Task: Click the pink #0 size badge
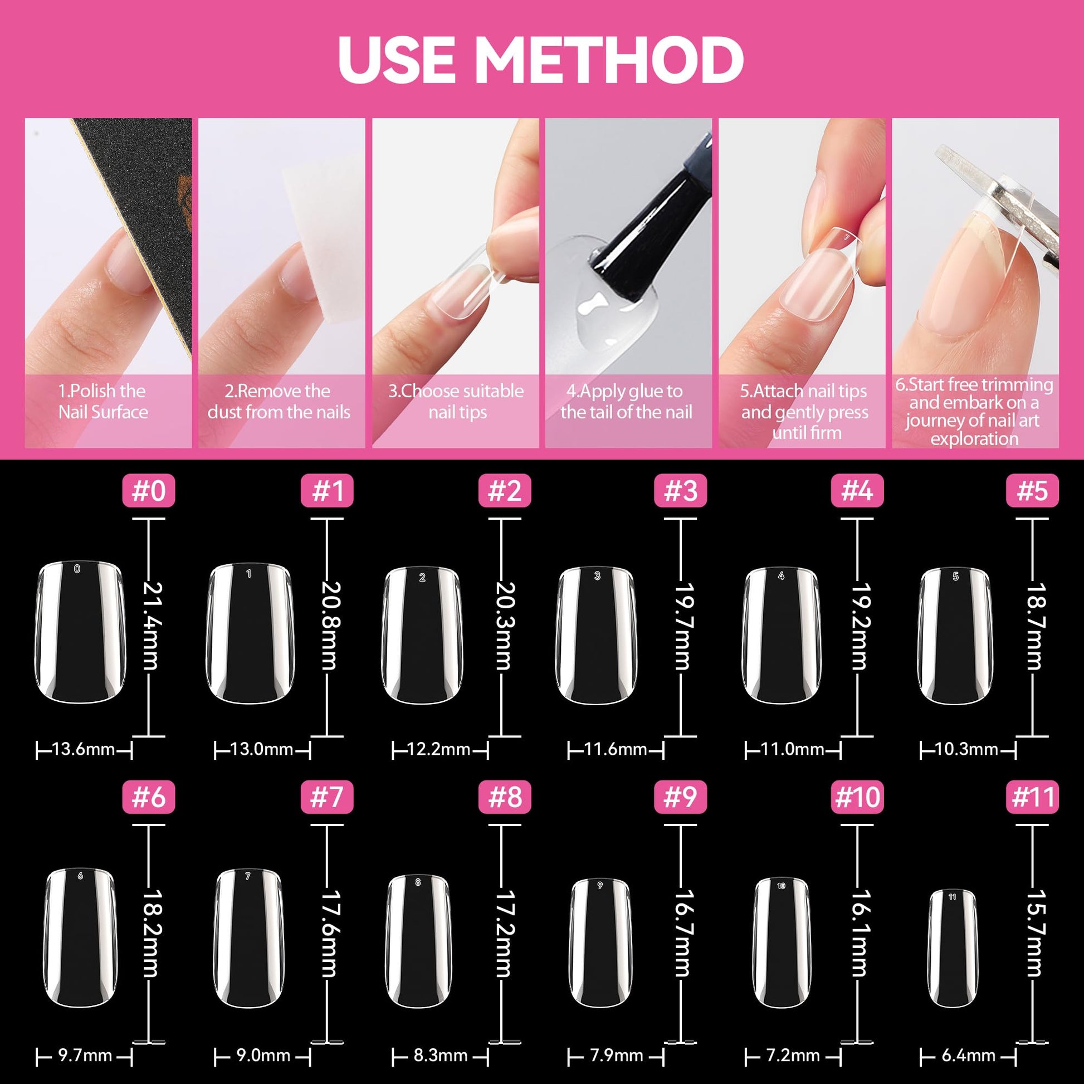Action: tap(149, 490)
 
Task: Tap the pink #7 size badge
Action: tap(327, 797)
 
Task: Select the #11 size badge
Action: tap(1032, 797)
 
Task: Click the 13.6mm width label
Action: tap(84, 749)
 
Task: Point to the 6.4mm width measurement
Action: tap(969, 1056)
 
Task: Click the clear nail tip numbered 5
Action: tap(955, 636)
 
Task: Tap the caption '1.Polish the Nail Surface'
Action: tap(103, 402)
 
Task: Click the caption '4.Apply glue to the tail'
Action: tap(626, 402)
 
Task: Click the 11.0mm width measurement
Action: tap(793, 749)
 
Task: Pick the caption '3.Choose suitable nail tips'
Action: tap(457, 402)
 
